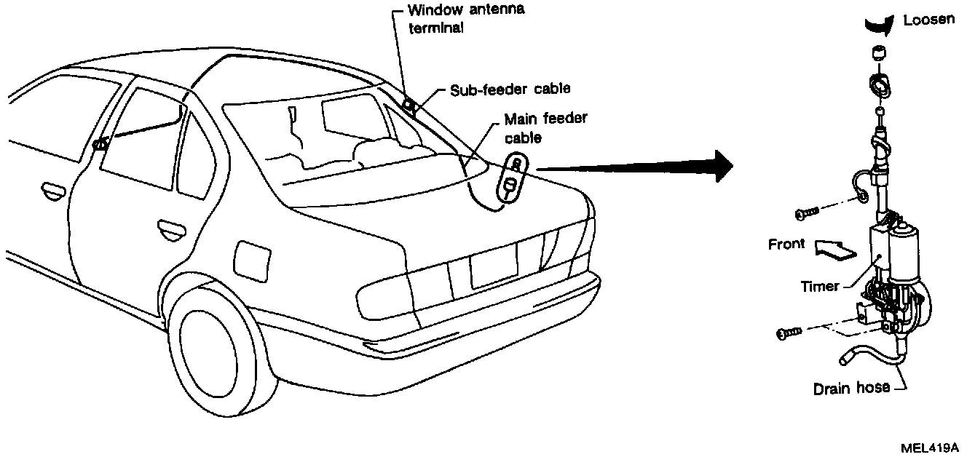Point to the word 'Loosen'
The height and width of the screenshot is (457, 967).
pyautogui.click(x=928, y=20)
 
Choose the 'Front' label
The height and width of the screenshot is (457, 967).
pyautogui.click(x=786, y=245)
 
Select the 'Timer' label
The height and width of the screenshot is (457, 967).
pyautogui.click(x=819, y=287)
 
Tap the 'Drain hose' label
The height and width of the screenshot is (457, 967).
pyautogui.click(x=851, y=389)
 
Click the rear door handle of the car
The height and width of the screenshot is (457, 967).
pyautogui.click(x=170, y=230)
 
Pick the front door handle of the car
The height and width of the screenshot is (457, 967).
pyautogui.click(x=52, y=192)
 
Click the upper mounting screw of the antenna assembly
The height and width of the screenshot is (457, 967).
pyautogui.click(x=808, y=212)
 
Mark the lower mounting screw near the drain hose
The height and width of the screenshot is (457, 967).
pyautogui.click(x=789, y=333)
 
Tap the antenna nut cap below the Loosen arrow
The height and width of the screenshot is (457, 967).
pyautogui.click(x=877, y=54)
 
